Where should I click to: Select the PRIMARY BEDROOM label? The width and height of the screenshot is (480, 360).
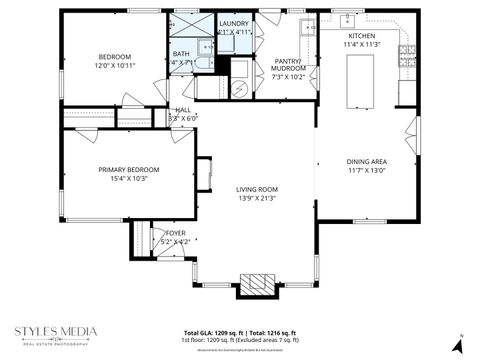[128, 170]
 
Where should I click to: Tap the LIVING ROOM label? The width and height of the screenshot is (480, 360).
[257, 189]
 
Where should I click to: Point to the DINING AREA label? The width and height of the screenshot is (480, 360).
[366, 161]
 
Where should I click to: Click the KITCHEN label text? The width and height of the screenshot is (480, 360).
[362, 36]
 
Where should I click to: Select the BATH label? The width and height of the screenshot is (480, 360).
[181, 54]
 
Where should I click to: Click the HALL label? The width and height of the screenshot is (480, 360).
[183, 110]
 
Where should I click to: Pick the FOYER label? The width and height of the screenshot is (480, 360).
[175, 233]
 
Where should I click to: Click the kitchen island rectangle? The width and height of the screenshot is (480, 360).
[361, 81]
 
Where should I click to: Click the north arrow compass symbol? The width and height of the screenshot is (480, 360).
[457, 343]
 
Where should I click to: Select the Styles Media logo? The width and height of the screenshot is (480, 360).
[55, 335]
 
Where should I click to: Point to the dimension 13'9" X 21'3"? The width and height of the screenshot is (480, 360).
[257, 198]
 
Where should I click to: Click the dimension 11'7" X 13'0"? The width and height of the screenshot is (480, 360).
[366, 170]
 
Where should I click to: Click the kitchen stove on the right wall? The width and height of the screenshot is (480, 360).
[409, 60]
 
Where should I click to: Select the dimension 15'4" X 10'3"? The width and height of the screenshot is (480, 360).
[128, 179]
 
